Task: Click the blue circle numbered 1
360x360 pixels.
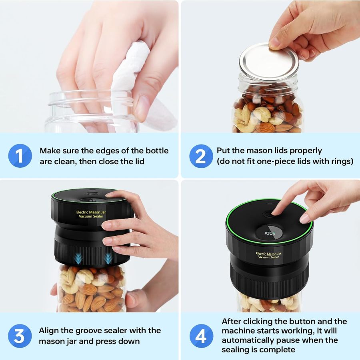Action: [20, 156]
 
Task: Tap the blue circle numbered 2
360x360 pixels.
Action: [201, 156]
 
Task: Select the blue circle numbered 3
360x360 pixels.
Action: [20, 336]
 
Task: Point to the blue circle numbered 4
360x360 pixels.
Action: [201, 336]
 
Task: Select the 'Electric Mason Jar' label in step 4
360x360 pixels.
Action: [269, 254]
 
